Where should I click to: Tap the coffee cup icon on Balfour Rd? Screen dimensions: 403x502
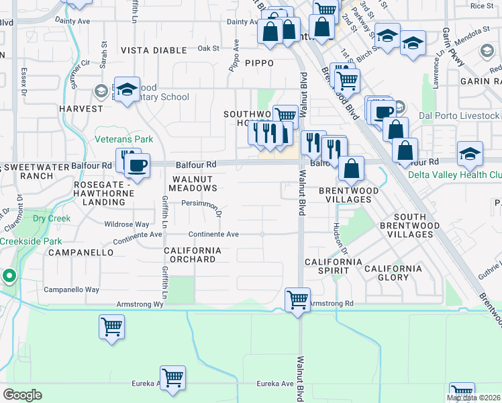point(138,165)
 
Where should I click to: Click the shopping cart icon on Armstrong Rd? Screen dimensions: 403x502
point(297,299)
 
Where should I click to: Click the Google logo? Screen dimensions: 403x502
point(22,395)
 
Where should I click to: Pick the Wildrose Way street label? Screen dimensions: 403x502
point(127,224)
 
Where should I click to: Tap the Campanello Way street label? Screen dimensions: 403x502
point(71,289)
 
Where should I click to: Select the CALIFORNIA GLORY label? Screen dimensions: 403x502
point(393,273)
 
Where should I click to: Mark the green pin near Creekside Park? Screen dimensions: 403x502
point(9,275)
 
